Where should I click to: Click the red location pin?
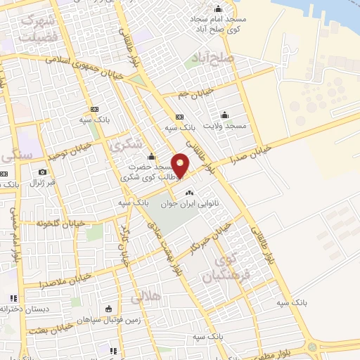coord(181,165)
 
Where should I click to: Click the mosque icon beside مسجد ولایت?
coord(224,115)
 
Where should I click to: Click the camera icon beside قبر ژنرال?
coord(42,172)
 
